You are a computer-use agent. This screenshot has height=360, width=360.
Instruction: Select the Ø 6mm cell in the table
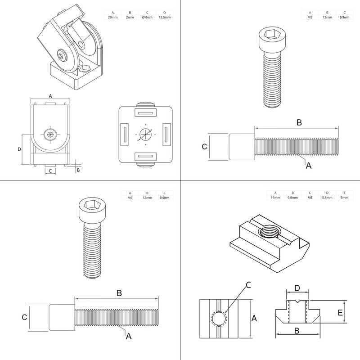[147, 17]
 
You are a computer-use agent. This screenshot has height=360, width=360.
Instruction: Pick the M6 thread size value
[130, 198]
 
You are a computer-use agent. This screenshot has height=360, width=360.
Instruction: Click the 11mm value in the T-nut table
[275, 198]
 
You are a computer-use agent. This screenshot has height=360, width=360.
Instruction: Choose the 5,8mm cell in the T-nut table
[327, 198]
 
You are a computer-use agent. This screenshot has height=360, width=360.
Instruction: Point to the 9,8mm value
[292, 198]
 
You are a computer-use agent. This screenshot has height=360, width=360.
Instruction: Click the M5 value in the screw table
[310, 17]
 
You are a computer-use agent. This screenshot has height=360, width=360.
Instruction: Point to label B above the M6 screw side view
[119, 293]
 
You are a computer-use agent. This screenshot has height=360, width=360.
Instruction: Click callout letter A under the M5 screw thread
[308, 166]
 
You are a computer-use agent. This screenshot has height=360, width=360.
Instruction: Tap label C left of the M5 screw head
[204, 147]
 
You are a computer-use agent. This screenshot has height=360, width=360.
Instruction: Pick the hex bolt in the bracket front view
[49, 134]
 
